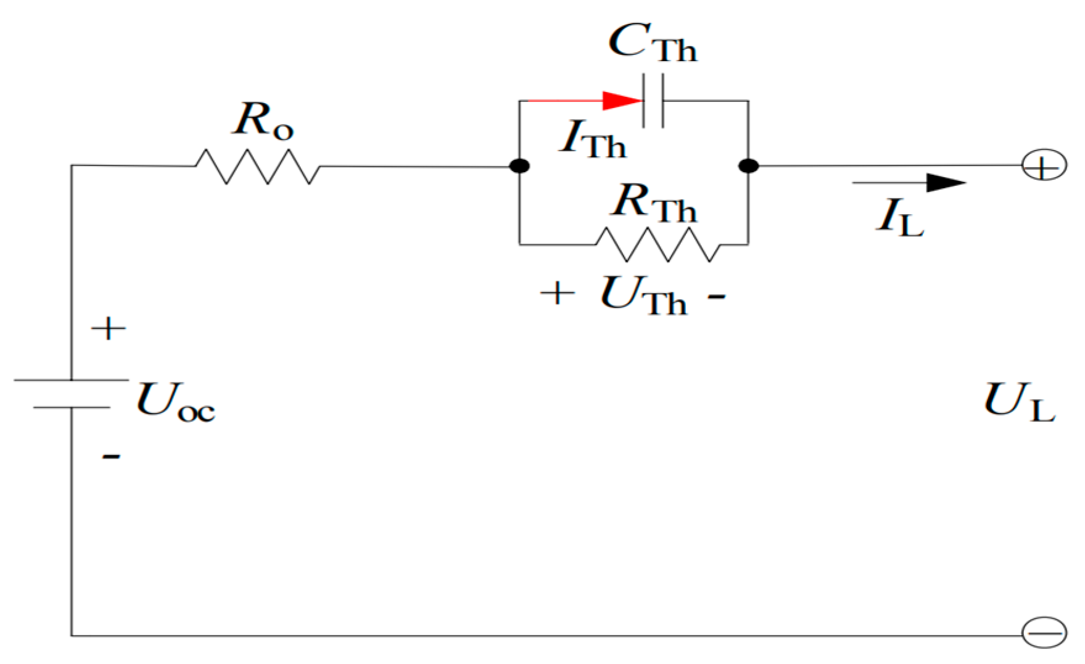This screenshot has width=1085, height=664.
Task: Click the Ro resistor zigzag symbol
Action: coord(258,166)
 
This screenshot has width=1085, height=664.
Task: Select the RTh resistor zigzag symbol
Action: coord(658,244)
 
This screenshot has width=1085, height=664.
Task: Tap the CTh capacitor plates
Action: coord(653,101)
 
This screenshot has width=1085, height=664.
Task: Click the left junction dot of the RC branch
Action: coord(520,166)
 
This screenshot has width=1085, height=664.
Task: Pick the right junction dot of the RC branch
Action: coord(748,166)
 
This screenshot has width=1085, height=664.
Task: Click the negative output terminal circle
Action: coord(1044,633)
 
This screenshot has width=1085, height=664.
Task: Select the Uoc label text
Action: coord(175,402)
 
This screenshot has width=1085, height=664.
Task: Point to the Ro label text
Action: coord(263,120)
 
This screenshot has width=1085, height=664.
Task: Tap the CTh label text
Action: coord(652,43)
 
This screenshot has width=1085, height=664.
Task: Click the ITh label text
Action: coord(592,139)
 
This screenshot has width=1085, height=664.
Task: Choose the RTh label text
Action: coord(654,203)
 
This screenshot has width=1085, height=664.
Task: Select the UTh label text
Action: coord(643,295)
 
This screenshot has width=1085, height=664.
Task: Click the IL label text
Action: coord(899,217)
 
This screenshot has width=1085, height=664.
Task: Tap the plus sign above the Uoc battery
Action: coord(109,328)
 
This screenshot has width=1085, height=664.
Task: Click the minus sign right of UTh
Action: coord(716,297)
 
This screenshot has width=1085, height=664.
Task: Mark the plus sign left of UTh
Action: coord(558,293)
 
